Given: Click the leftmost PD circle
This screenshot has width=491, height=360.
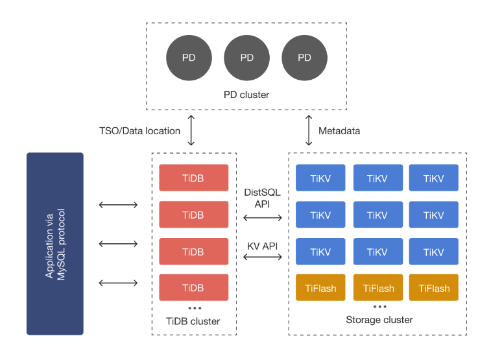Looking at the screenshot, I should (189, 57).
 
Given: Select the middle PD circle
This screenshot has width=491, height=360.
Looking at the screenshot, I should (246, 57).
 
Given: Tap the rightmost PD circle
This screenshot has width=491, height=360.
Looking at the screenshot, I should (304, 57).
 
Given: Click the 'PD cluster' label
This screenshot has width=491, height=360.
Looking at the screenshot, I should (246, 95).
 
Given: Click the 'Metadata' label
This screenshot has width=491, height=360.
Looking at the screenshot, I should (339, 131).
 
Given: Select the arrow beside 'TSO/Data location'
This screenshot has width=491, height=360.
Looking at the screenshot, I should (191, 130).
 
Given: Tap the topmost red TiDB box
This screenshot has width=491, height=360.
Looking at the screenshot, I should (193, 178).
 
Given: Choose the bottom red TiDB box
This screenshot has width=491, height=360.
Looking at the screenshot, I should (193, 287).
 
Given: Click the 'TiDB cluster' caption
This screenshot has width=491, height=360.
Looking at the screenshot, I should (193, 321).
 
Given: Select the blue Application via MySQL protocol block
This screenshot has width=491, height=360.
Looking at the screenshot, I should (55, 243).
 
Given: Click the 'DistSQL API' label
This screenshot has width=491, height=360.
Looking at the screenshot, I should (262, 198).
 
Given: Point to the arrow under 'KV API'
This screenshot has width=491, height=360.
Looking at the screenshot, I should (262, 258).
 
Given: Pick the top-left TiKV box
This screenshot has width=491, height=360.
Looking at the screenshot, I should (320, 178).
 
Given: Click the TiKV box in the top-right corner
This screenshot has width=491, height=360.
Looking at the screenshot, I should (433, 178).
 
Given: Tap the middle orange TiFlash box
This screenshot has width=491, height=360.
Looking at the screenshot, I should (378, 288).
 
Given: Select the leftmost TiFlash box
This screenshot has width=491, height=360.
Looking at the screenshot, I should (320, 288).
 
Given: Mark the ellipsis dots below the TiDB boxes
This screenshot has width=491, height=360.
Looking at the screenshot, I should (193, 308).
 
